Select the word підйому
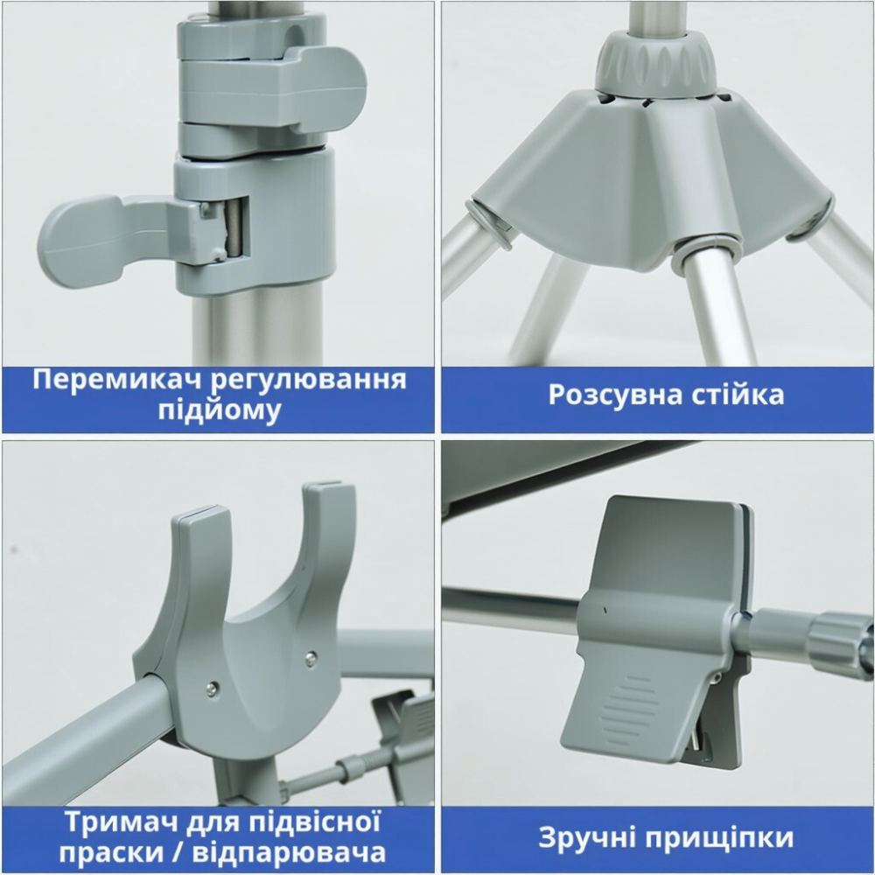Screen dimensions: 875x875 coord(219,410)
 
